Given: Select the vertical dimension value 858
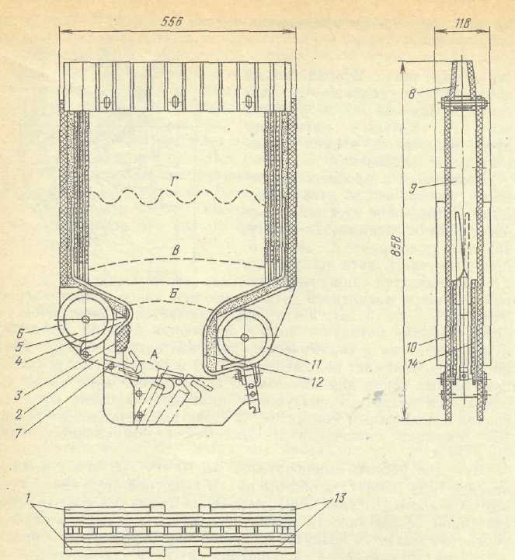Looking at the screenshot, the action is coord(397,246).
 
